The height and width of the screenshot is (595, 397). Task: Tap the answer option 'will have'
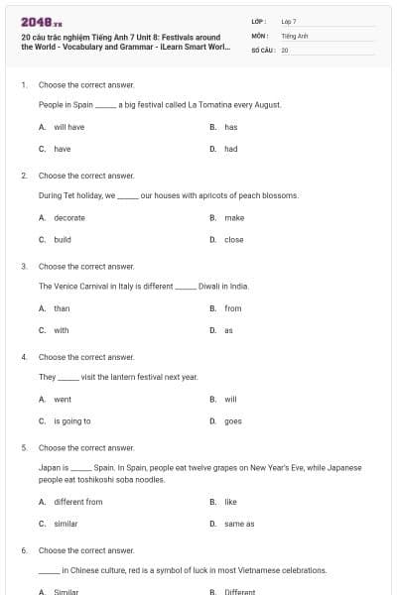click(68, 127)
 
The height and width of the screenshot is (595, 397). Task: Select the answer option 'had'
click(230, 149)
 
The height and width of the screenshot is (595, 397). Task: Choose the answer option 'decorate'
click(69, 217)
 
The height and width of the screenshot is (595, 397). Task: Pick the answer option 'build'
click(62, 239)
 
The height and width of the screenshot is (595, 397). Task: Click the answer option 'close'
click(233, 239)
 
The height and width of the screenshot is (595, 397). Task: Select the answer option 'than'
click(62, 308)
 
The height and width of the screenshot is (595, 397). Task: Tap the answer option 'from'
click(232, 308)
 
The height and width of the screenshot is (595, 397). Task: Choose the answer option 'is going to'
click(71, 420)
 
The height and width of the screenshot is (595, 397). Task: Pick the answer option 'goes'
click(232, 420)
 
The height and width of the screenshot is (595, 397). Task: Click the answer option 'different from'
click(77, 502)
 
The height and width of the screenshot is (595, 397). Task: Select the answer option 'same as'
click(239, 524)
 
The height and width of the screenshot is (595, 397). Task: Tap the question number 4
click(24, 356)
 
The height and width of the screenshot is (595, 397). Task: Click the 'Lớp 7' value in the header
click(289, 21)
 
